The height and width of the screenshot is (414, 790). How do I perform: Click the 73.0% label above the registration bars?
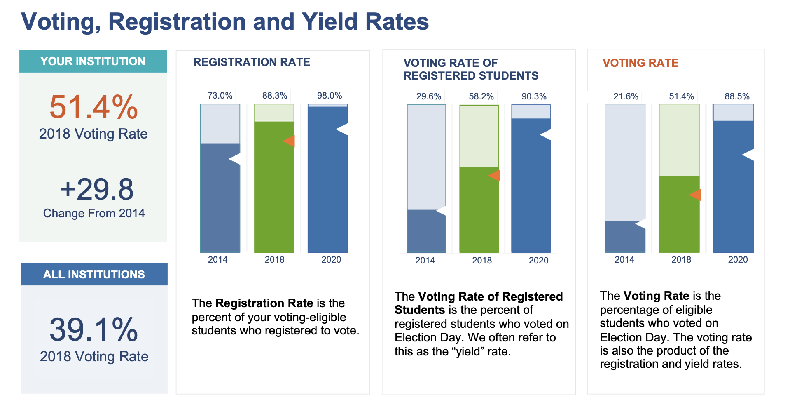(220, 96)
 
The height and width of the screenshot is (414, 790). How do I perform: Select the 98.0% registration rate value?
(330, 96)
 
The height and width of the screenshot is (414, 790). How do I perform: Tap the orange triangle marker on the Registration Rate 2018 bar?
(289, 141)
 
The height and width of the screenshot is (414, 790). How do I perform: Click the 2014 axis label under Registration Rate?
(217, 259)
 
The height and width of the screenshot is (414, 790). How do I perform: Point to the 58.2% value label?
(481, 96)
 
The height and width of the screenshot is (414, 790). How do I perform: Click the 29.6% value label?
(429, 96)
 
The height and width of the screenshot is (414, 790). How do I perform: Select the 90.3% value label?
(534, 96)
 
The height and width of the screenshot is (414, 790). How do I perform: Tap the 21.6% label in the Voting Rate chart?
(626, 96)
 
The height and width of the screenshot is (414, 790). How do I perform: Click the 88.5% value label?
(737, 96)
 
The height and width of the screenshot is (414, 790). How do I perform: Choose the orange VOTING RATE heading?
(640, 63)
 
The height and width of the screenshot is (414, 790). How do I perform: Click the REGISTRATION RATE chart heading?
(252, 62)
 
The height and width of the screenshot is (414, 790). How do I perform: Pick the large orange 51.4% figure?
(93, 107)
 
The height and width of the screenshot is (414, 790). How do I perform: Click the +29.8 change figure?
(97, 189)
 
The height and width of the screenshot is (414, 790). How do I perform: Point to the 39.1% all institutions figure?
(94, 329)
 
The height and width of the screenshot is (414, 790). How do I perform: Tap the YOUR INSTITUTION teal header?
(93, 61)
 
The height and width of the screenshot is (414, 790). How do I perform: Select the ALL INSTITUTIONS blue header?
(94, 274)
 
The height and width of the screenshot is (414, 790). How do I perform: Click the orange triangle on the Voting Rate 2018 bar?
(695, 195)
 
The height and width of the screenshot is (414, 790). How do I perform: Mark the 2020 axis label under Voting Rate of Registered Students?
(538, 260)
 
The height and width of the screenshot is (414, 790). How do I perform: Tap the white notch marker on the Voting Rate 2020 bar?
(748, 155)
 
